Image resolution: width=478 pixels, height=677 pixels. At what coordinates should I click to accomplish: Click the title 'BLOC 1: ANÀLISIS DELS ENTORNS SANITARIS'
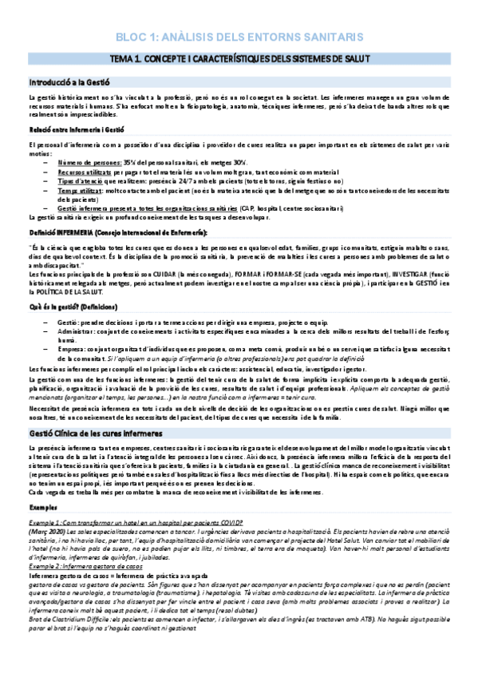[x=239, y=37]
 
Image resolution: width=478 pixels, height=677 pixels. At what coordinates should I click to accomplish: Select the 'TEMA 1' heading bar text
[x=239, y=59]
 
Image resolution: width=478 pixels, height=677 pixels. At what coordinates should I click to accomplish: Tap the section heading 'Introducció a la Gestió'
[x=69, y=81]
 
